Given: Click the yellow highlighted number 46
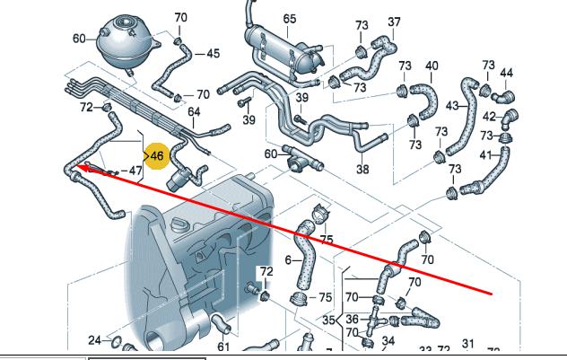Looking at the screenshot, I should click(156, 156).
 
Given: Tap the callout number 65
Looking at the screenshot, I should click(289, 19).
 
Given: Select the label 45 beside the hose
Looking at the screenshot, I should click(213, 54).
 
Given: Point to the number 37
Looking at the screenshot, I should click(394, 22).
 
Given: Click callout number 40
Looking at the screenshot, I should click(432, 66).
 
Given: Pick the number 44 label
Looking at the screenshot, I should click(506, 73).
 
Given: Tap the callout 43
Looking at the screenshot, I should click(452, 106).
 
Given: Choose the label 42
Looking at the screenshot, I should click(489, 116).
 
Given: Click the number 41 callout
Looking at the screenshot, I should click(485, 154).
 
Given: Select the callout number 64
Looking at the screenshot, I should click(194, 111).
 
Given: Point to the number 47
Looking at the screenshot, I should click(135, 170).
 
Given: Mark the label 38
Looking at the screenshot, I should click(362, 169).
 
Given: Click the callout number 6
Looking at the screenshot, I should click(289, 260).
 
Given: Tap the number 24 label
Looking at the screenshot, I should click(95, 340).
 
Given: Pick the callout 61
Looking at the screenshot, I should click(223, 347).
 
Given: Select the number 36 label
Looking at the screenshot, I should click(353, 319).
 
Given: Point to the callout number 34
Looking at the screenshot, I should click(388, 341).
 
